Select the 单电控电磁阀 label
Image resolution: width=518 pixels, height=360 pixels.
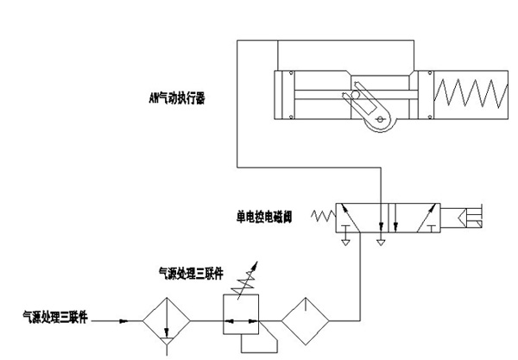click(x=263, y=217)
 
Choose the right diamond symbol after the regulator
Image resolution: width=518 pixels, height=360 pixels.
click(x=306, y=320)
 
